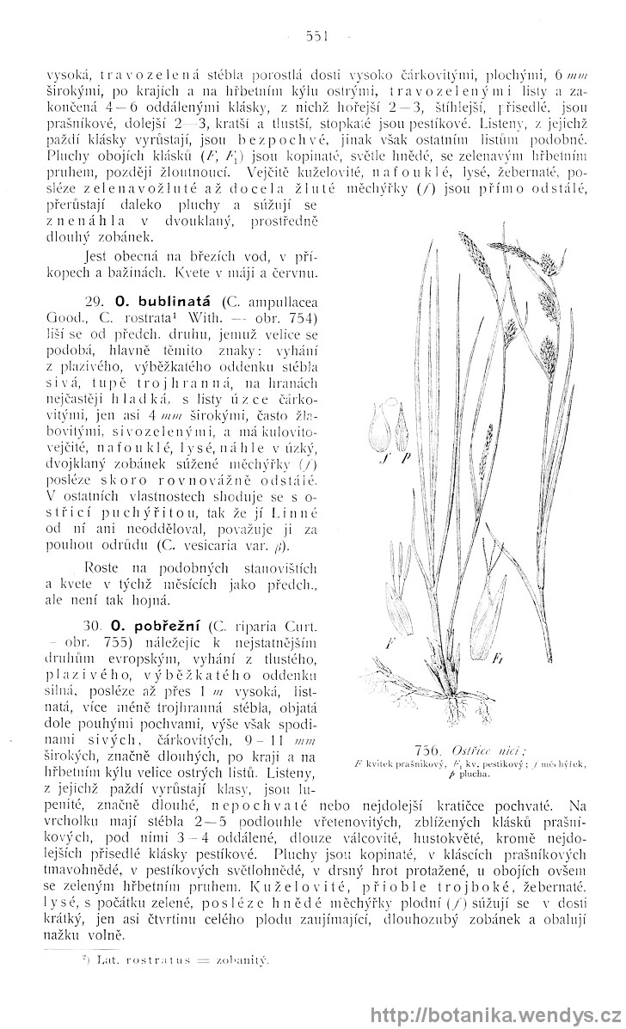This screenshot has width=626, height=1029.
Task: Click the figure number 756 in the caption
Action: [427, 750]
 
